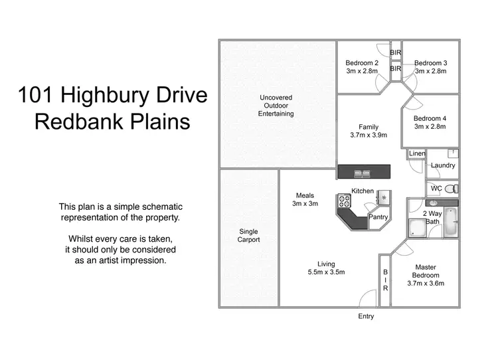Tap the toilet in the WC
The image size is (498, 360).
(449, 188)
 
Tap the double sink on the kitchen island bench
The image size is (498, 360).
(363, 173)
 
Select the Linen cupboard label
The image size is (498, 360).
(417, 153)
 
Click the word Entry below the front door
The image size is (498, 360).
(366, 316)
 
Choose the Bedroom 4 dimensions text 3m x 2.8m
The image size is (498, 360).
(430, 127)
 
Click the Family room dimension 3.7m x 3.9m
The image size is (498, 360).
(369, 135)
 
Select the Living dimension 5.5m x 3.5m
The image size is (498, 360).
(326, 272)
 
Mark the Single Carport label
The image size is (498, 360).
(249, 236)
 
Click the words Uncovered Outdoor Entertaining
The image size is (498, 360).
(276, 106)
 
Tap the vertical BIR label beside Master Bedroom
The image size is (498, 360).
(384, 280)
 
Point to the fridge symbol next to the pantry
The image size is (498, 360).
(383, 197)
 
